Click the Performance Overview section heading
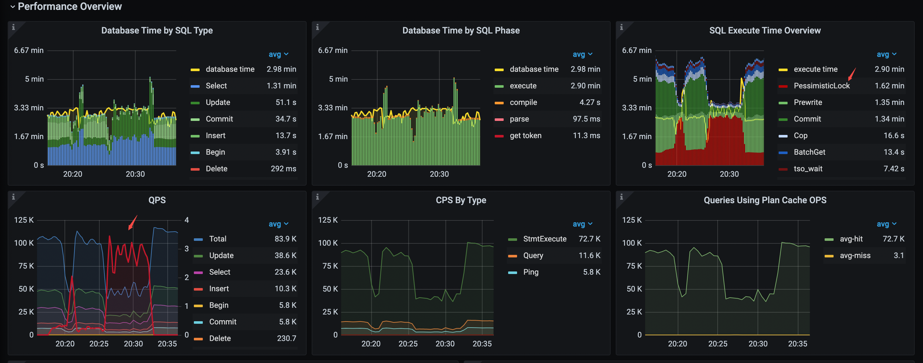(70, 6)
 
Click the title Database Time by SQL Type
(157, 30)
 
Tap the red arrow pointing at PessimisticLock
(852, 74)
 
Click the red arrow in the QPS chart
(133, 223)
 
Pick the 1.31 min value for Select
(281, 86)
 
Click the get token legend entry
(525, 136)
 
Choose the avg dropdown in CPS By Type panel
(582, 224)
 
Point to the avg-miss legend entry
(855, 256)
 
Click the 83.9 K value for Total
(285, 239)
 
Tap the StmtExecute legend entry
(545, 239)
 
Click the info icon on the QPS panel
(13, 197)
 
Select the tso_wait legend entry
(808, 169)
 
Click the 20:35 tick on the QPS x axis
(167, 344)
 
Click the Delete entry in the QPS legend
(220, 338)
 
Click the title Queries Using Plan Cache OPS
(765, 200)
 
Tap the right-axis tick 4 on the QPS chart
(186, 220)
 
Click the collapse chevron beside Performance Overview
(12, 7)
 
